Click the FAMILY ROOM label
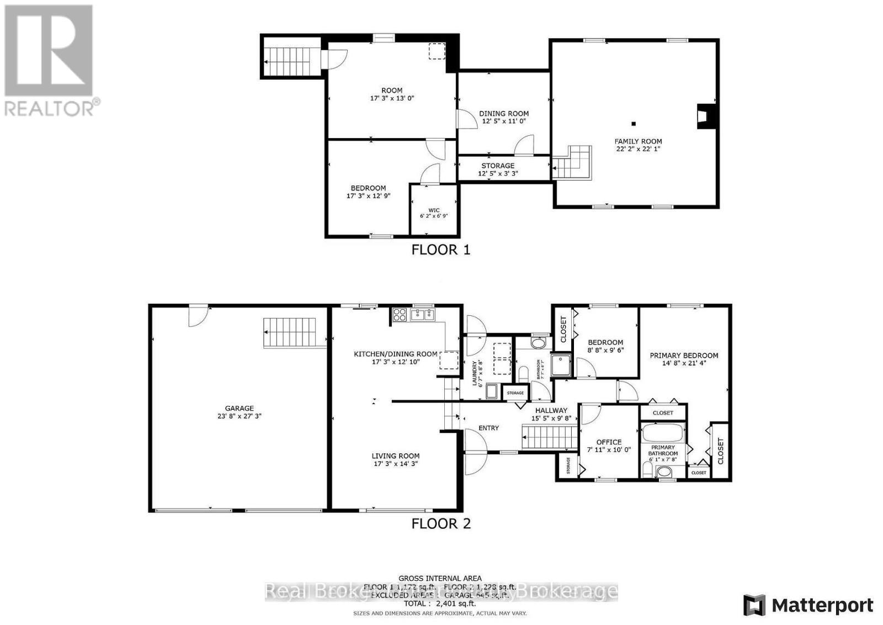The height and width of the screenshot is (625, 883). pyautogui.click(x=639, y=141)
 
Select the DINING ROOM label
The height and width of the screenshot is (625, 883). pyautogui.click(x=503, y=113)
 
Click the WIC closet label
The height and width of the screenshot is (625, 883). pyautogui.click(x=434, y=210)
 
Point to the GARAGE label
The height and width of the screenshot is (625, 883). pyautogui.click(x=239, y=409)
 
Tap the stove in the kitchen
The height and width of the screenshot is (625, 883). pyautogui.click(x=399, y=315)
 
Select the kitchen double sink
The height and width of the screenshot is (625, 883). pyautogui.click(x=423, y=315)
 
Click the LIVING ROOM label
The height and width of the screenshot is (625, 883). pyautogui.click(x=395, y=456)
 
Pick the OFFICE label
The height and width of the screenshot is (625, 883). pyautogui.click(x=609, y=442)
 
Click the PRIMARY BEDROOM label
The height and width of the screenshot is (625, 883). pyautogui.click(x=684, y=356)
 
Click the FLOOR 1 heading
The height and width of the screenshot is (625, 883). pyautogui.click(x=441, y=250)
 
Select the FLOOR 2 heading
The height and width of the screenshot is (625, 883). pyautogui.click(x=441, y=523)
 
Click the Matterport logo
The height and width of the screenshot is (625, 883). pyautogui.click(x=808, y=605)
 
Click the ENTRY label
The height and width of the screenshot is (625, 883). pyautogui.click(x=488, y=428)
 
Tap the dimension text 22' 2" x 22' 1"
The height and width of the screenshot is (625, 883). pyautogui.click(x=639, y=149)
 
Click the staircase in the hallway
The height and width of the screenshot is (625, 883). pyautogui.click(x=549, y=438)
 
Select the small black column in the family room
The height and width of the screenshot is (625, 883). pyautogui.click(x=634, y=123)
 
